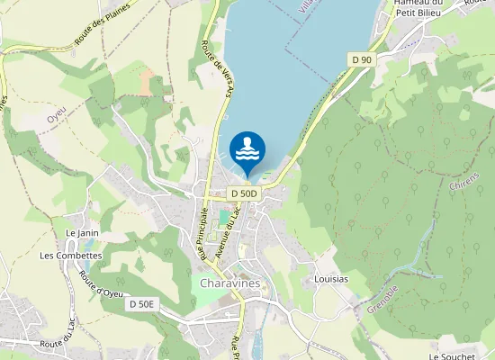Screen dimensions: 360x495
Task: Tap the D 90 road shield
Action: coord(361,59)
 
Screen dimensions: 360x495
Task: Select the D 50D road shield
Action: coord(243,193)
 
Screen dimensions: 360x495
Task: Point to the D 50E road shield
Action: coord(142,305)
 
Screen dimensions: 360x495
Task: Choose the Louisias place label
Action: coord(331,280)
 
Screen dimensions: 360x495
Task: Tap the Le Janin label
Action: coord(82,233)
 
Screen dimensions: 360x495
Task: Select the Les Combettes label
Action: coord(71,256)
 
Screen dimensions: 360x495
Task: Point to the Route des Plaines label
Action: coord(103,24)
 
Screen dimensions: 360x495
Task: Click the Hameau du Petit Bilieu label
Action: coord(416,8)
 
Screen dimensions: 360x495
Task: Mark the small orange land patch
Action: coord(148,81)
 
